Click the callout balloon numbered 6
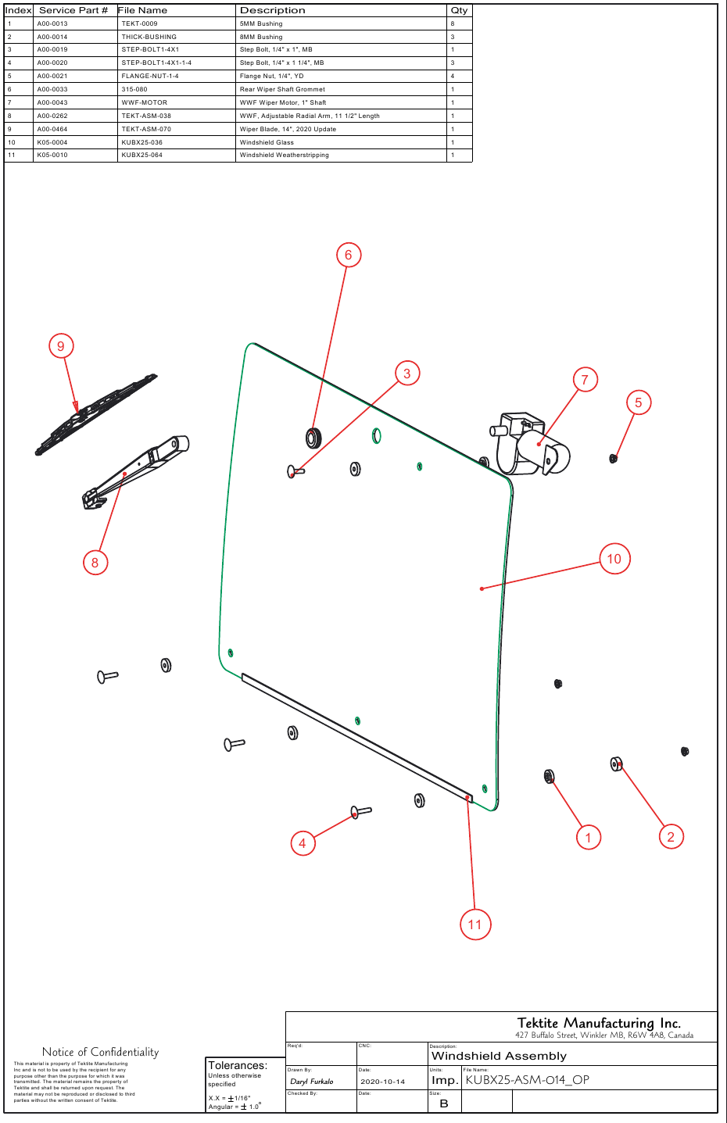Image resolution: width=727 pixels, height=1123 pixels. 349,255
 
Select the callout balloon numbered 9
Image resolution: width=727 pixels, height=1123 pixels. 61,346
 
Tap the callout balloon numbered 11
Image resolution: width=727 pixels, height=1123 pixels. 475,925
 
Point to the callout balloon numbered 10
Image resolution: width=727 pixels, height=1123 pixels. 614,559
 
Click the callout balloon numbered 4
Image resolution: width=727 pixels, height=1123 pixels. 303,843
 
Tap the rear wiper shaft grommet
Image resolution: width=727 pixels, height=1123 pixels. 313,438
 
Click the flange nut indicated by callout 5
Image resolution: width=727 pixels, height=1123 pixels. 614,458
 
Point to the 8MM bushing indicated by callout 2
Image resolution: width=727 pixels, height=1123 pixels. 616,764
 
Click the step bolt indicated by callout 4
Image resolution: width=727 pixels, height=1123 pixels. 360,812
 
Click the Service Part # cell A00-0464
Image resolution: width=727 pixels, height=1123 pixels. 52,129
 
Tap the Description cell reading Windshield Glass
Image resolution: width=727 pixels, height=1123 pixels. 267,142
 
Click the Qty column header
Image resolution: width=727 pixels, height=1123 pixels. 459,10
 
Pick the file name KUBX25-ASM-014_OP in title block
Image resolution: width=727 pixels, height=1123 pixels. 527,1080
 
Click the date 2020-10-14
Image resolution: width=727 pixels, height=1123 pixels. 382,1082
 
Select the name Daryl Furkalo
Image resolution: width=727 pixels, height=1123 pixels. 312,1082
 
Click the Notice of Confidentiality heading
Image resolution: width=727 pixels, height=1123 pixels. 100,1052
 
